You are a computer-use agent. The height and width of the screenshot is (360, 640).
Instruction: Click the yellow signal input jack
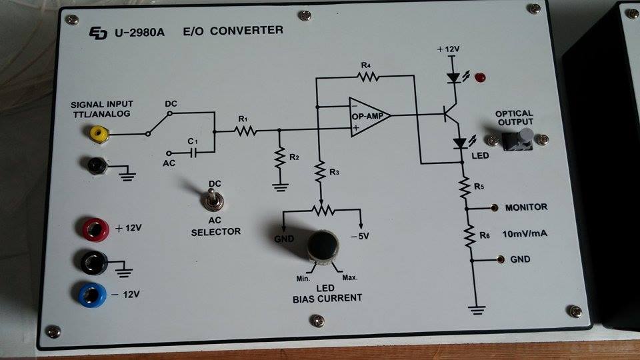click(99, 134)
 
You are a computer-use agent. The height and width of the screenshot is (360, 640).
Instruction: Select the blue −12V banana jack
click(93, 293)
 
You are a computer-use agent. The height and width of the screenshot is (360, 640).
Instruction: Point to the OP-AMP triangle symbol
click(369, 116)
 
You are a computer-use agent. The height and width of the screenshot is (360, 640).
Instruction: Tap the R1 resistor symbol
click(244, 131)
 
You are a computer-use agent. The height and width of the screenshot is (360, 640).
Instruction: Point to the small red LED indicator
click(480, 78)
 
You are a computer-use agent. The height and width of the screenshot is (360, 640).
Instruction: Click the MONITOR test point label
click(526, 207)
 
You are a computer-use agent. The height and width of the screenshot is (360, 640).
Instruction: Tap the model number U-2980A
click(140, 32)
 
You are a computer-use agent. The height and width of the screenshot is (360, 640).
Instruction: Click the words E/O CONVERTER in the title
click(233, 31)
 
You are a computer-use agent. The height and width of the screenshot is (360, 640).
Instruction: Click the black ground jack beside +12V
click(95, 261)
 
